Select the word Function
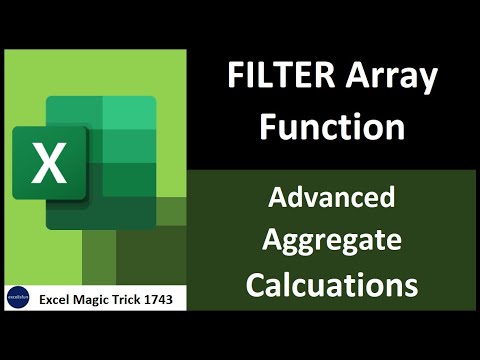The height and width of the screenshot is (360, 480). point(333,127)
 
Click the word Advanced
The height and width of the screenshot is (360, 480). point(333,198)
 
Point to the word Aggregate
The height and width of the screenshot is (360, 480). point(333,241)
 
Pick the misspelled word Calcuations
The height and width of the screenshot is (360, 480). point(333,284)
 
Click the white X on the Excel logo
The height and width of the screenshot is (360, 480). point(47,164)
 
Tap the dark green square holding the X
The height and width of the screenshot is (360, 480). point(47,164)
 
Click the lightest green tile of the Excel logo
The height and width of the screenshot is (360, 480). point(129,113)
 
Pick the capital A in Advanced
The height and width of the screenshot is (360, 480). point(277,198)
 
